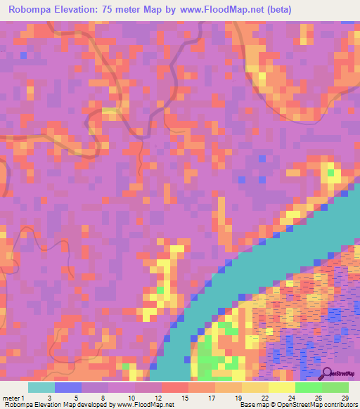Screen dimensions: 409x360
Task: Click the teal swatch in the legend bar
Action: point(41,388)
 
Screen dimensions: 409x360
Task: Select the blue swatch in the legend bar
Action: point(67,388)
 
